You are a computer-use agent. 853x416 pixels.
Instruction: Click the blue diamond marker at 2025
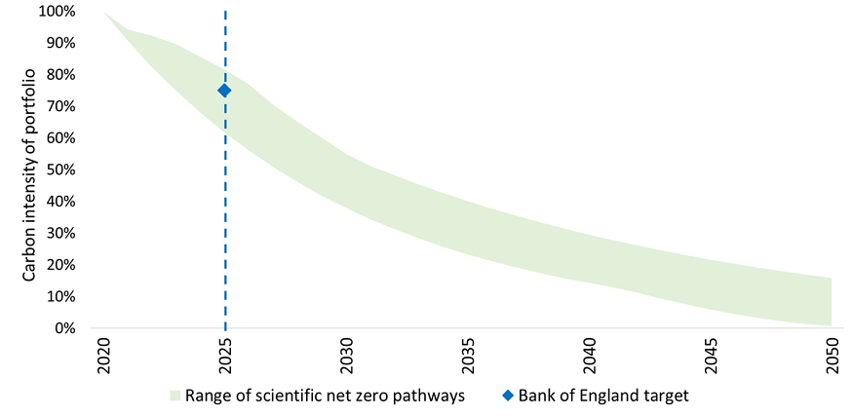click(x=224, y=91)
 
